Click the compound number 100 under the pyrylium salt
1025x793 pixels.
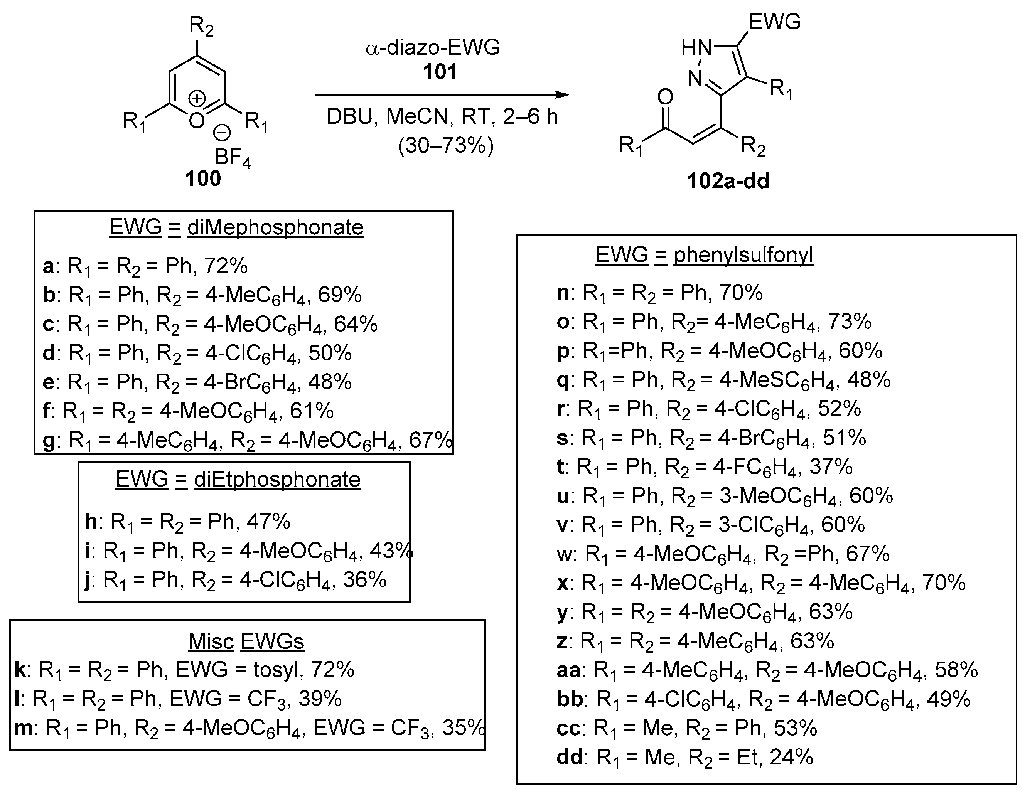[x=203, y=179]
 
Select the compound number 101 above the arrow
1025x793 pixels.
[x=440, y=72]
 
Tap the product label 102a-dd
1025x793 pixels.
[x=728, y=181]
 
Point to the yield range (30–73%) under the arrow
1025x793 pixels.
[x=445, y=146]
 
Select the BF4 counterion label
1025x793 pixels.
[x=232, y=158]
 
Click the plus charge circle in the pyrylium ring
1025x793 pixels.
[x=197, y=99]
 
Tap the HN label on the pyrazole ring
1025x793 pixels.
[x=696, y=48]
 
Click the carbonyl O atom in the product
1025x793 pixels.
[x=665, y=97]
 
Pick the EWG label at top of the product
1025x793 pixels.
[x=774, y=22]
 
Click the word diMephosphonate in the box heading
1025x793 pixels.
[x=275, y=227]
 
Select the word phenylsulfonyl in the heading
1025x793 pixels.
[x=743, y=255]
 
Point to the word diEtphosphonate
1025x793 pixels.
[x=277, y=480]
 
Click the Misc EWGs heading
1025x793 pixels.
[x=246, y=641]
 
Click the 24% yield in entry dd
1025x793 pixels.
[x=791, y=757]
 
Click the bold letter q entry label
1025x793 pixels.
[x=563, y=381]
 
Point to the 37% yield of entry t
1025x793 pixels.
[x=830, y=467]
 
